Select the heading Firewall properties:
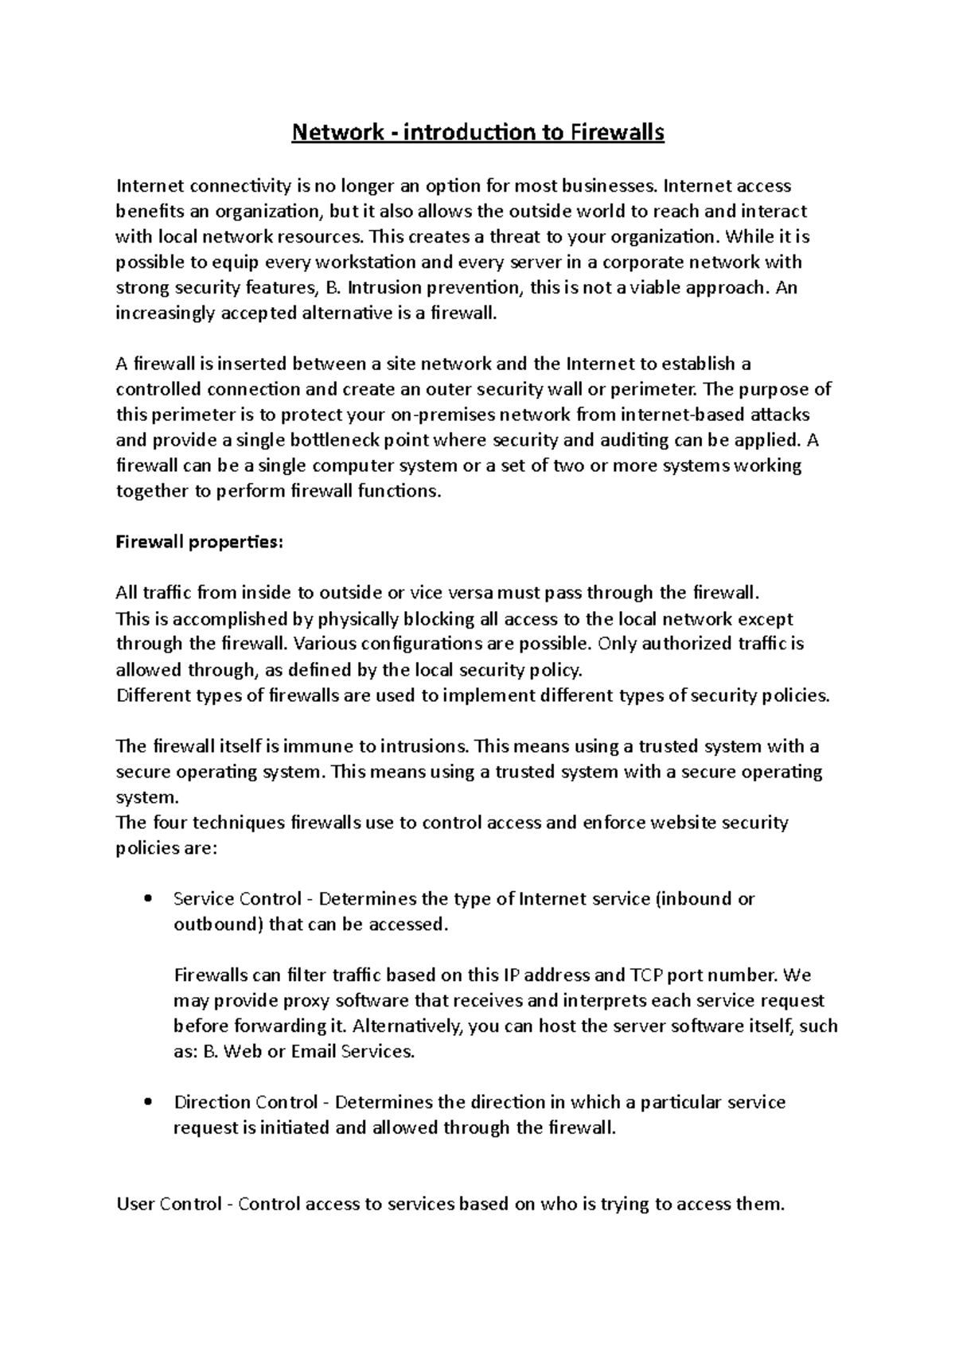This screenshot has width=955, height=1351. tap(199, 542)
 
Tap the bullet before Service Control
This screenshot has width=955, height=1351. tap(148, 900)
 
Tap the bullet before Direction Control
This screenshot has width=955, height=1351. tap(148, 1103)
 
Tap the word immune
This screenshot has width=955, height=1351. tap(318, 746)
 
